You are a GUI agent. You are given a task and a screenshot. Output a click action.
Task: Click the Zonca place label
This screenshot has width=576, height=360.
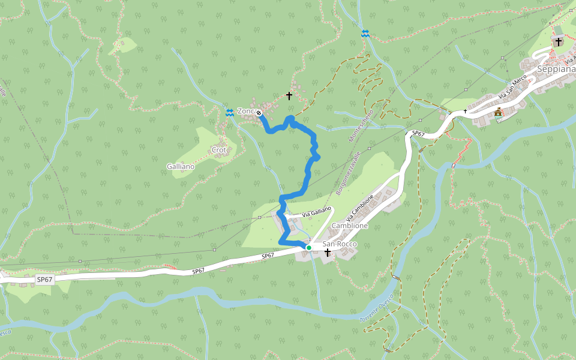pyautogui.click(x=247, y=111)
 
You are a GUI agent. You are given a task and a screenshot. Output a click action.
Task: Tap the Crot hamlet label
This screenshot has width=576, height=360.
pyautogui.click(x=218, y=150)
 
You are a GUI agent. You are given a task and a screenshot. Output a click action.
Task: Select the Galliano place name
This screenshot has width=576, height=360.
pyautogui.click(x=181, y=166)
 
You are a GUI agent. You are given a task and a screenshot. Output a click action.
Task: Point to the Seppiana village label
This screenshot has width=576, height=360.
pyautogui.click(x=556, y=69)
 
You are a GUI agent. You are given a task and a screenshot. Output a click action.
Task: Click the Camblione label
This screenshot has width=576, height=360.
pyautogui.click(x=349, y=226)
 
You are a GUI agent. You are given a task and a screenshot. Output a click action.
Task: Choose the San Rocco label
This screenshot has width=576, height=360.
pyautogui.click(x=340, y=244)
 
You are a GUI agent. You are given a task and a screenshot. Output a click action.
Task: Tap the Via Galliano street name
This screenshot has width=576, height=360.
pyautogui.click(x=316, y=211)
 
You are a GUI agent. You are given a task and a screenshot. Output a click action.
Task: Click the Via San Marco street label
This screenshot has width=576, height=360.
pyautogui.click(x=512, y=88)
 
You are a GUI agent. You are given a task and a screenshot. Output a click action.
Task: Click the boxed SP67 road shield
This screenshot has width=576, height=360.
pyautogui.click(x=44, y=280)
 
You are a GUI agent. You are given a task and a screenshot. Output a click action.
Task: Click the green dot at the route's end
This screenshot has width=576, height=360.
pyautogui.click(x=309, y=247)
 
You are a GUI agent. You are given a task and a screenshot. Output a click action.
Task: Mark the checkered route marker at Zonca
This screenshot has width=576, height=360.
pyautogui.click(x=259, y=113)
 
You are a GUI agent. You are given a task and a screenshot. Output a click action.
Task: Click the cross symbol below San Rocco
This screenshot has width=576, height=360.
pyautogui.click(x=328, y=253)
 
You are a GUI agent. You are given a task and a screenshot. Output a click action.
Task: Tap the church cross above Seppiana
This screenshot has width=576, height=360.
pyautogui.click(x=559, y=41)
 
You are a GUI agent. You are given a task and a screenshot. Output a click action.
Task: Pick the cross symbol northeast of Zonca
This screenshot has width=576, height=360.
pyautogui.click(x=289, y=95)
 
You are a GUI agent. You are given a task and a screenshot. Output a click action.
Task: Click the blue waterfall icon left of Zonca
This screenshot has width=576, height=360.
pyautogui.click(x=229, y=112)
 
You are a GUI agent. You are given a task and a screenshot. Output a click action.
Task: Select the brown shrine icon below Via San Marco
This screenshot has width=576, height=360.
pyautogui.click(x=498, y=112)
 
